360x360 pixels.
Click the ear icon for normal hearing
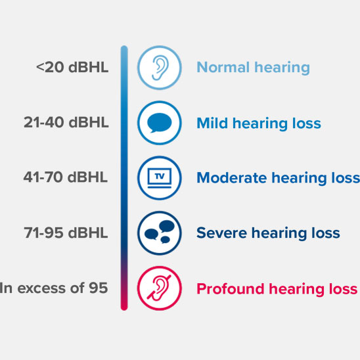pyautogui.click(x=159, y=67)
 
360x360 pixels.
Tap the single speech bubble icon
pyautogui.click(x=159, y=123)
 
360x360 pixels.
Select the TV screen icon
pyautogui.click(x=159, y=177)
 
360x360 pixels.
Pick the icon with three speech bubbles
pyautogui.click(x=159, y=233)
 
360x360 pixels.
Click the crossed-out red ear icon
pyautogui.click(x=159, y=288)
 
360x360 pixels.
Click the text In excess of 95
pyautogui.click(x=55, y=288)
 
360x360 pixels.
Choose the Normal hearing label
pyautogui.click(x=253, y=67)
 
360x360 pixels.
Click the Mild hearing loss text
pyautogui.click(x=259, y=123)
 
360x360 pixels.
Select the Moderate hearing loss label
pyautogui.click(x=278, y=177)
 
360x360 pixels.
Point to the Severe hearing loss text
pyautogui.click(x=268, y=233)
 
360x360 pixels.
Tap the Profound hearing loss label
pyautogui.click(x=277, y=288)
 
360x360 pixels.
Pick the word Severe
pyautogui.click(x=219, y=233)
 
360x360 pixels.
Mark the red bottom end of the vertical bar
pyautogui.click(x=124, y=304)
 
